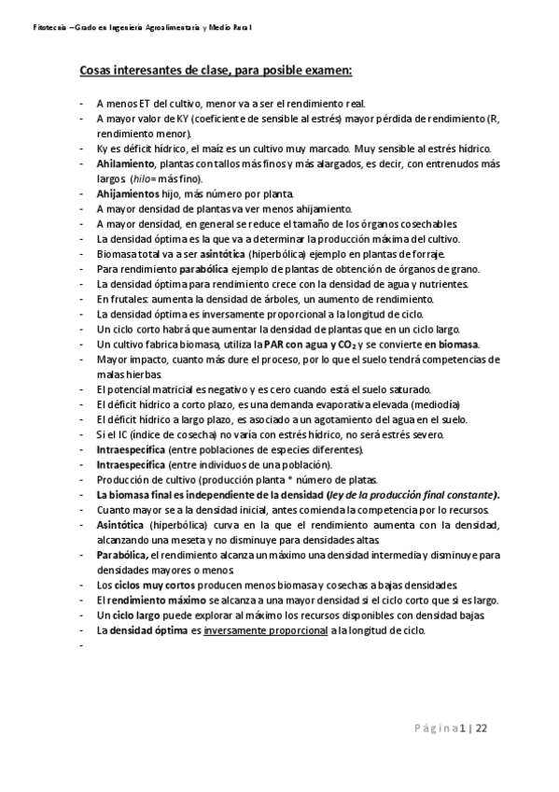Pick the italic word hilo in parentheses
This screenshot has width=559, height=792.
[141, 178]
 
